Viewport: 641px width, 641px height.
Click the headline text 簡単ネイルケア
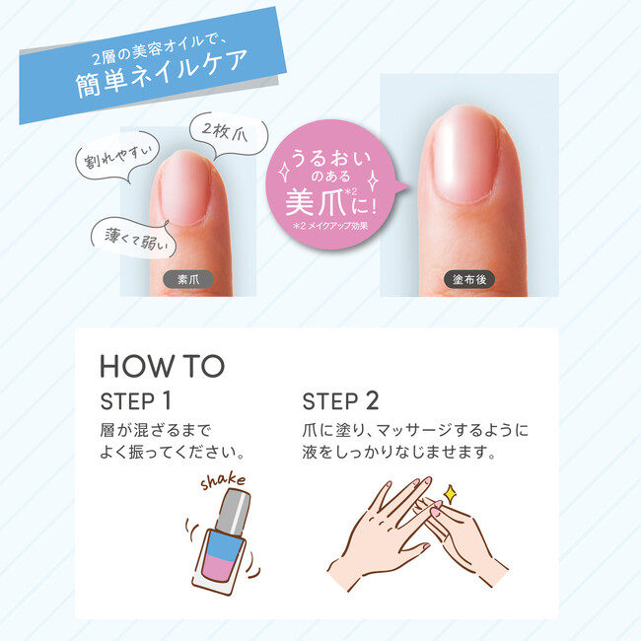coord(162,73)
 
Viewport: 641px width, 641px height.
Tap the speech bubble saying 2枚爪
coord(228,136)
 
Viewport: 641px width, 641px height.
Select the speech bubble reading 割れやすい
coord(117,158)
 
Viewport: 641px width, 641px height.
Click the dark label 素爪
coord(188,280)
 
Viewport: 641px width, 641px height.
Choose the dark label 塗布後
coord(469,280)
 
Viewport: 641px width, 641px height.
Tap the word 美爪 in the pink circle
coord(316,202)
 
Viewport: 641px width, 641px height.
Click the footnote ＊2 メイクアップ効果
coord(330,226)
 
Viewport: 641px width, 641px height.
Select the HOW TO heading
coord(163,366)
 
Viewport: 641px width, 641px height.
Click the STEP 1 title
coord(135,401)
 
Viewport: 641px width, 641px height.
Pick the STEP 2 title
coord(340,401)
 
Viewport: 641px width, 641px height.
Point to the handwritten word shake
coord(223,481)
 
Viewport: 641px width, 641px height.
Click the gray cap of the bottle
coord(233,511)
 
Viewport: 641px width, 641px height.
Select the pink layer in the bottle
coord(217,567)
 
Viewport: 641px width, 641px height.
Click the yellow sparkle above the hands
coord(450,494)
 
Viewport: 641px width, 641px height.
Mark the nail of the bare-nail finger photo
coord(186,189)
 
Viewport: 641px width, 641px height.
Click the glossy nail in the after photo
coord(466,155)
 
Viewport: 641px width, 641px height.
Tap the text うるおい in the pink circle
coord(330,159)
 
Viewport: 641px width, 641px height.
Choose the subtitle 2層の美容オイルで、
coord(159,50)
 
